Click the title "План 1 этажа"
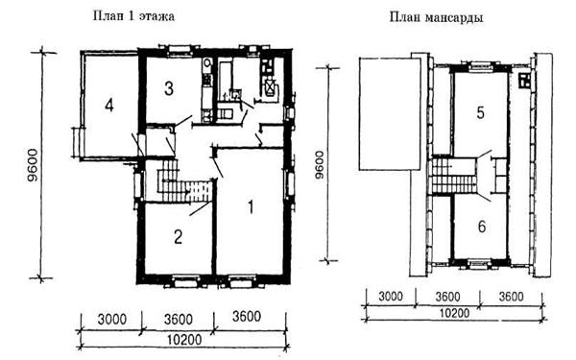coord(133,16)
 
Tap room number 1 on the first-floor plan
coord(251,207)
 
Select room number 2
coord(178,237)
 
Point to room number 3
coord(169,88)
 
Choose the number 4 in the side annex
coord(109,106)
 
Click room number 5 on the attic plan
coord(481,112)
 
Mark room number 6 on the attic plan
coord(482,227)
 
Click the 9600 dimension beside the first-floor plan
coord(33,165)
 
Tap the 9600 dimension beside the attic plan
coord(319,164)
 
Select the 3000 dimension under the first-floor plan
coord(111,320)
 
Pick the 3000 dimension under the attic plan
coord(390,296)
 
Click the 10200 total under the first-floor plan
coord(184,340)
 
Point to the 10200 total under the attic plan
coord(454,313)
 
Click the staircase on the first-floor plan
coord(184,180)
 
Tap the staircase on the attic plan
coord(454,175)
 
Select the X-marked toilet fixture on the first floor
coord(271,88)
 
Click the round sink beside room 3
coord(207,63)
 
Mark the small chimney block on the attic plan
coord(524,81)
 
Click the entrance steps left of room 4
coord(76,142)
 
